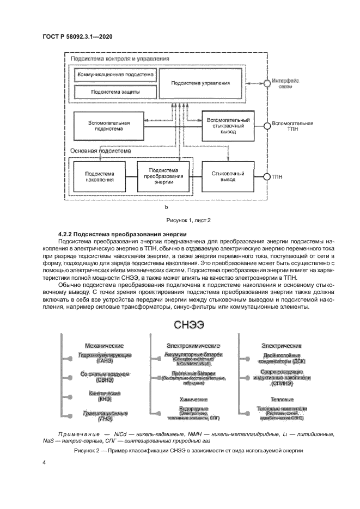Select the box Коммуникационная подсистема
114,73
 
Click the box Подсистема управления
200,83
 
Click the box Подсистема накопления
100,176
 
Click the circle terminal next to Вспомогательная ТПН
267,126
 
